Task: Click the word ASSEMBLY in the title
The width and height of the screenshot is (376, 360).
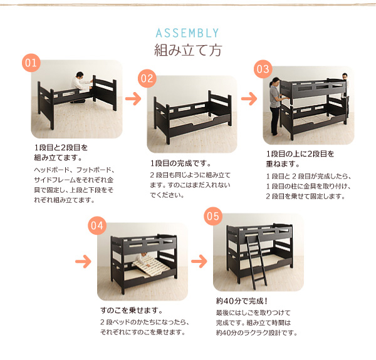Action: [x=187, y=33]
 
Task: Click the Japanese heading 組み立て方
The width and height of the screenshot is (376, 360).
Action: [x=188, y=50]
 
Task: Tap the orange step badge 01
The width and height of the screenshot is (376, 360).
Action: [x=31, y=63]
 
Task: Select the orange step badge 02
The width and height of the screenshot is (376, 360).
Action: [x=147, y=78]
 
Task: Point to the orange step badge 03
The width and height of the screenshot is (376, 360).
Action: [x=263, y=69]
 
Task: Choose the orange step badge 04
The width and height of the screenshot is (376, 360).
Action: [x=97, y=225]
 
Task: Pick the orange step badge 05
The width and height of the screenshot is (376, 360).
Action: [x=213, y=216]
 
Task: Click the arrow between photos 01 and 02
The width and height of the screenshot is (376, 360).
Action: [x=133, y=98]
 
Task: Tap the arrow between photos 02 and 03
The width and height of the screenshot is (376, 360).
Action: [x=249, y=98]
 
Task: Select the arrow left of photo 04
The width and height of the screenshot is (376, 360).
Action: [x=83, y=261]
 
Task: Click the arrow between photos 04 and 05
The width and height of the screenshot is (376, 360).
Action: [x=199, y=261]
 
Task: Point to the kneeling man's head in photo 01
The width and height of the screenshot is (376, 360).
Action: [x=80, y=75]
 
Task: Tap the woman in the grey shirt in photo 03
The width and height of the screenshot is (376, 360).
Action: [x=276, y=106]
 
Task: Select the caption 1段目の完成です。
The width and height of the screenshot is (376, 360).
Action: [x=181, y=163]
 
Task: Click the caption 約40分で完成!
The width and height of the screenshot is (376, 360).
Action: [x=242, y=301]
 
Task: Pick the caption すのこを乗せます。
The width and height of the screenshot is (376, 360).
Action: [x=132, y=311]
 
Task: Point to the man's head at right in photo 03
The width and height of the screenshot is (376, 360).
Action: [x=345, y=76]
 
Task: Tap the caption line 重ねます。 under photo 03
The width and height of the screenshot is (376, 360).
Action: [x=283, y=164]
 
